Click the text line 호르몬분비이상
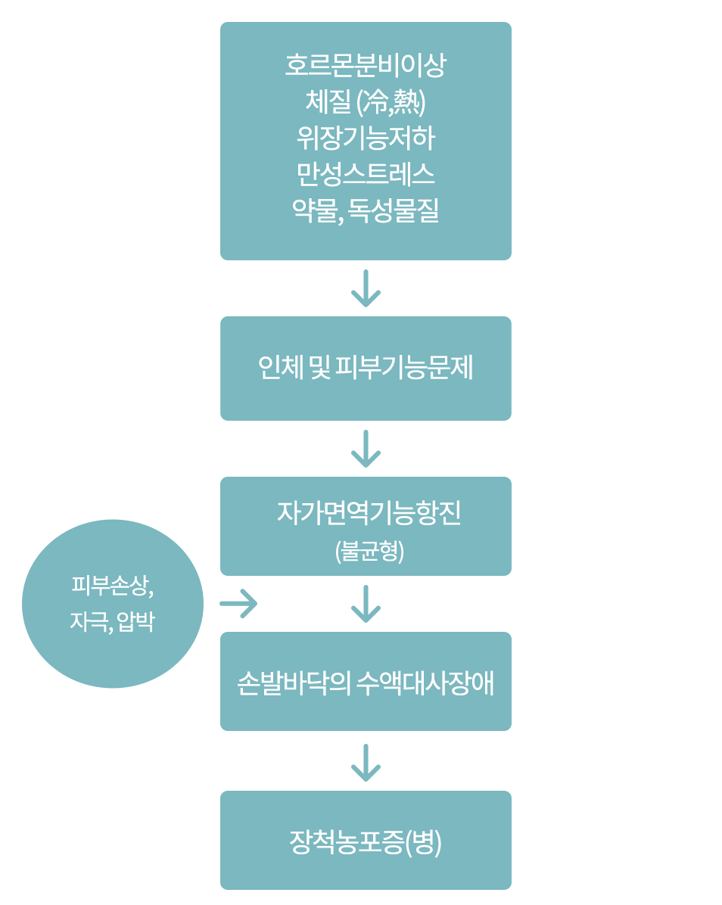(366, 65)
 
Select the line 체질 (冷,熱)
(366, 101)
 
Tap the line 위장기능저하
(366, 138)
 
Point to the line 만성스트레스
(366, 174)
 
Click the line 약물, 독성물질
(366, 210)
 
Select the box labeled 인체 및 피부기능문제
(366, 369)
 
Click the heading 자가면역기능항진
(369, 514)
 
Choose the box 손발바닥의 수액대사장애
(366, 682)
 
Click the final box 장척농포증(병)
(366, 841)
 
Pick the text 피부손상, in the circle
(113, 586)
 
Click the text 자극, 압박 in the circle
(113, 623)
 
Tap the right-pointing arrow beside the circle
(238, 604)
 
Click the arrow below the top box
(366, 288)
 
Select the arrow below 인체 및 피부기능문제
(366, 449)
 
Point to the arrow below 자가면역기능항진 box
(366, 604)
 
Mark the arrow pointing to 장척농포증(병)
(366, 762)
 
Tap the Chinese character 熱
(408, 101)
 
